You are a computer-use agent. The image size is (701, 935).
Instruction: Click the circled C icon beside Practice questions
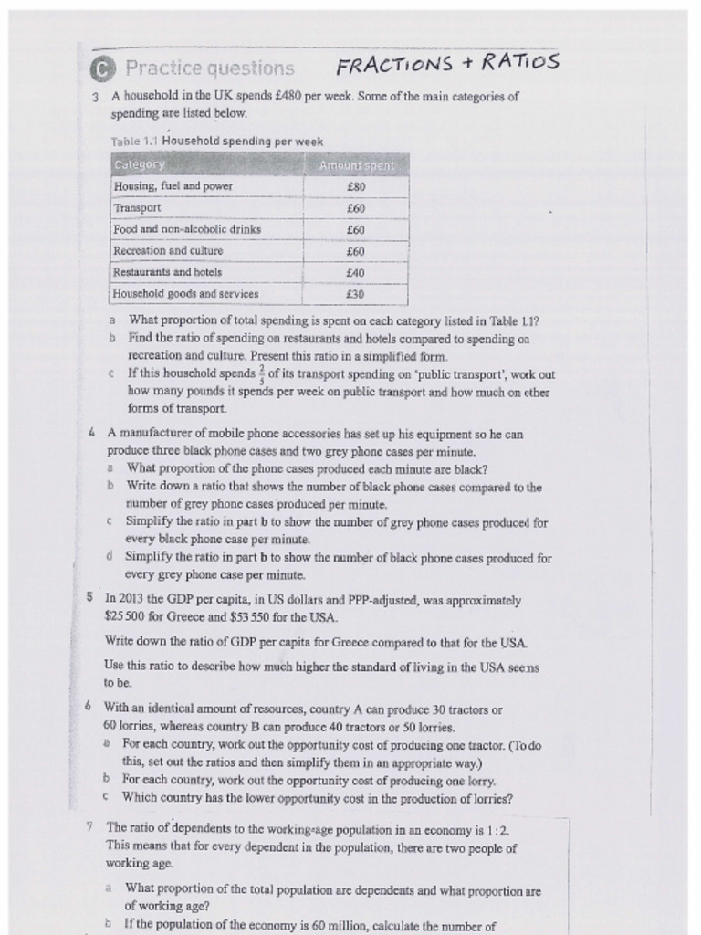tap(105, 69)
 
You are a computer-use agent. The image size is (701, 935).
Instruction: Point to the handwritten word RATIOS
tap(520, 62)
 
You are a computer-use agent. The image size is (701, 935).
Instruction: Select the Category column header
tap(140, 165)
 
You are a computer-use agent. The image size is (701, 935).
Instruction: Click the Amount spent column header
tap(356, 165)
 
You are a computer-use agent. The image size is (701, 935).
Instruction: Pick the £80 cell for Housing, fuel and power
tap(356, 186)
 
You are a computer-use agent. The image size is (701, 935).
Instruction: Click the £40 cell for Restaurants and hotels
tap(356, 272)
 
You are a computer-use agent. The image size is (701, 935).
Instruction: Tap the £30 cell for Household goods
tap(356, 294)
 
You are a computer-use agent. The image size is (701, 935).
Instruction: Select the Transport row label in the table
tap(137, 207)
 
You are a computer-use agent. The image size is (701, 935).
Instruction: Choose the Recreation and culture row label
tap(168, 250)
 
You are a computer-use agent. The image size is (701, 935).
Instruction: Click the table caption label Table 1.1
tap(134, 142)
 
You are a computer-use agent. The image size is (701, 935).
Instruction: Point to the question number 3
tap(97, 96)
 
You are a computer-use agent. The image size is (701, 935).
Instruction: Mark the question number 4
tap(93, 435)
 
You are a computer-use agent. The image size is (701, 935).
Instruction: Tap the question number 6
tap(88, 708)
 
